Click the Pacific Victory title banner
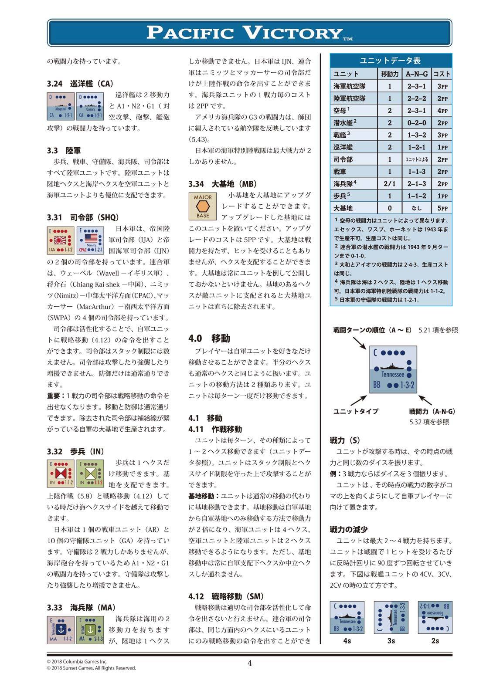click(x=249, y=33)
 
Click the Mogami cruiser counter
click(x=61, y=106)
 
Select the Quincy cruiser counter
click(x=90, y=106)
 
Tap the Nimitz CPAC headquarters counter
click(x=90, y=240)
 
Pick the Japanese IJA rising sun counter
click(x=61, y=240)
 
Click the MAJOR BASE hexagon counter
click(x=203, y=206)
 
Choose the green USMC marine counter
click(x=90, y=629)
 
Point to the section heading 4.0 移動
click(x=209, y=338)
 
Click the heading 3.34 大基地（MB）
click(x=223, y=184)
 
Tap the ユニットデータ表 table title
click(x=390, y=61)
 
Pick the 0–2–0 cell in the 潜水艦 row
click(x=416, y=123)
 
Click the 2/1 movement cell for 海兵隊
click(x=389, y=184)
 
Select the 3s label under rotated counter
click(x=391, y=640)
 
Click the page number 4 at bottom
click(x=249, y=663)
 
